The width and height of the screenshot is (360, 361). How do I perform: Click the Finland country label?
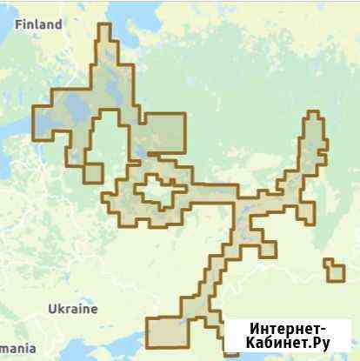39,24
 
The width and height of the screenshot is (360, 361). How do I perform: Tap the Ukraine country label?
73,309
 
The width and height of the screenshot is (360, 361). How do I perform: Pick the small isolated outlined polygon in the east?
333,270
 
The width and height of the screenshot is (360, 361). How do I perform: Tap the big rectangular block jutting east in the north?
165,134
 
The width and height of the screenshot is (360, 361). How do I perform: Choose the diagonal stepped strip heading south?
217,270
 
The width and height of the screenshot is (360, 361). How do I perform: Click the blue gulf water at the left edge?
10,130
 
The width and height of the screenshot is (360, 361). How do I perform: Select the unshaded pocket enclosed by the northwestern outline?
108,139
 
